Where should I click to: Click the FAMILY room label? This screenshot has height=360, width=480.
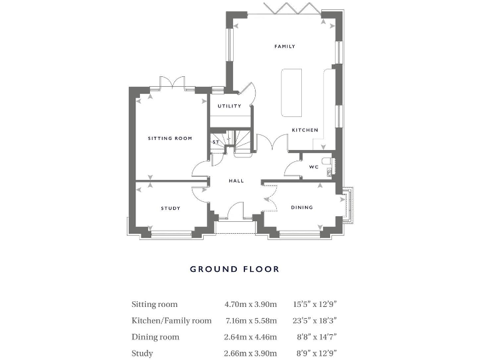point(284,46)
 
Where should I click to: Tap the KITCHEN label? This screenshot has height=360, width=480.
point(305,130)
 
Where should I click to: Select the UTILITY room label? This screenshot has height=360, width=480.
point(229,106)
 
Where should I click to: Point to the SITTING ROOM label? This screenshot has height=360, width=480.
point(169,138)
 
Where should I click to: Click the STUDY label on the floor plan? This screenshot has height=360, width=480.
point(170,208)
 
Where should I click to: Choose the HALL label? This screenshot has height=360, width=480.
point(236,181)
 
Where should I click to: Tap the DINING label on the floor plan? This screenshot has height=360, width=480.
point(301,207)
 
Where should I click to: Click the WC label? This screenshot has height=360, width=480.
point(314,167)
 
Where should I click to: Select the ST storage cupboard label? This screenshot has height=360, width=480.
point(216,142)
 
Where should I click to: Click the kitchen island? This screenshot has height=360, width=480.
point(291,92)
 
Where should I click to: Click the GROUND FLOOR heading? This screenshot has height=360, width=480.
point(234,269)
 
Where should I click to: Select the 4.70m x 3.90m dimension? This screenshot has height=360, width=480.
point(250,304)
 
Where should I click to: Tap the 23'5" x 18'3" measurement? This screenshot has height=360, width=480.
point(316,321)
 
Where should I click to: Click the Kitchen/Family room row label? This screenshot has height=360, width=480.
point(171,321)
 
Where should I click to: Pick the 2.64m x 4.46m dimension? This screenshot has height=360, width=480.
point(250,337)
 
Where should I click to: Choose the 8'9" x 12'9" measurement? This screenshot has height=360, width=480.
point(315,353)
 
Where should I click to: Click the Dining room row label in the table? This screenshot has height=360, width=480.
point(155,337)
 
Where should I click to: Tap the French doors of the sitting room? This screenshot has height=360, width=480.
point(171,82)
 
